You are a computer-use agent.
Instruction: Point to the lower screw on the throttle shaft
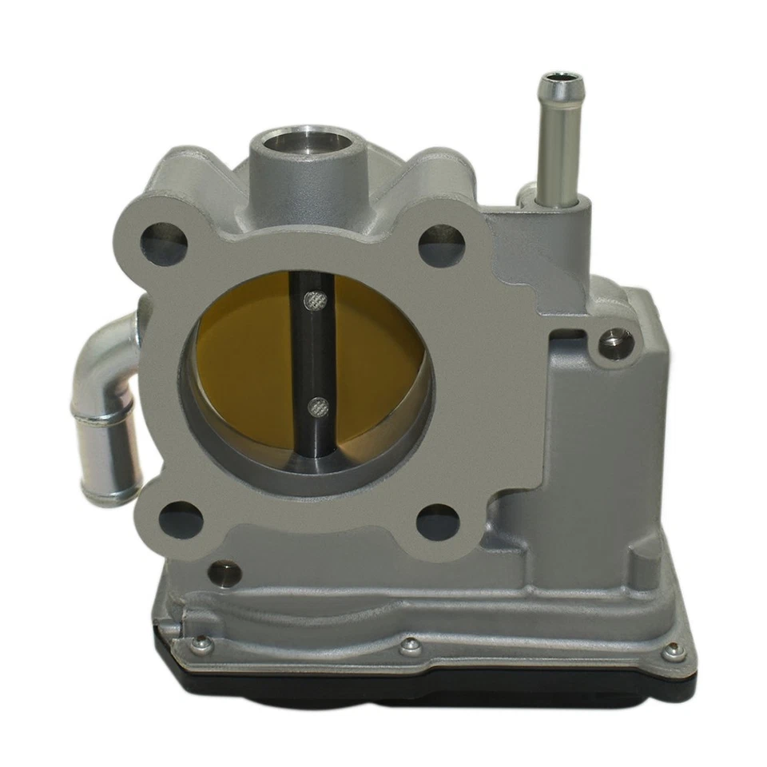coord(319,407)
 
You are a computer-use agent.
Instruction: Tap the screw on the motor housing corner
coord(616,343)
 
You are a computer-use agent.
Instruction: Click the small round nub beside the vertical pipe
coord(527,193)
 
